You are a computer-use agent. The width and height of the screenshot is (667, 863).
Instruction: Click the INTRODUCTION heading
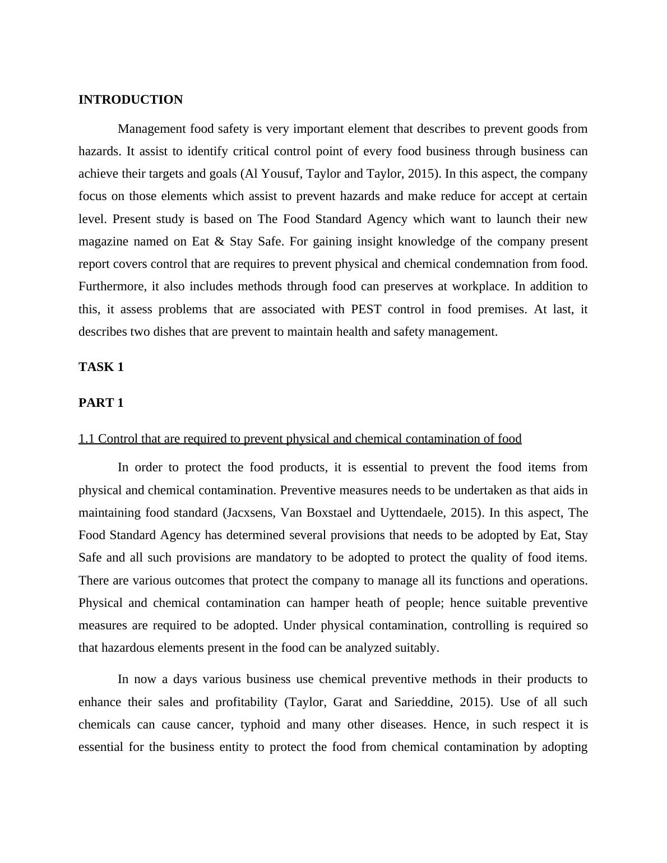pos(131,100)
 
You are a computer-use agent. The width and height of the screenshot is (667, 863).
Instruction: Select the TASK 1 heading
pos(101,367)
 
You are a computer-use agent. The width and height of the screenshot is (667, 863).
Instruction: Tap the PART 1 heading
pos(101,403)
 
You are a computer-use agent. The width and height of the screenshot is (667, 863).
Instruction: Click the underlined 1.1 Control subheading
pos(300,439)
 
